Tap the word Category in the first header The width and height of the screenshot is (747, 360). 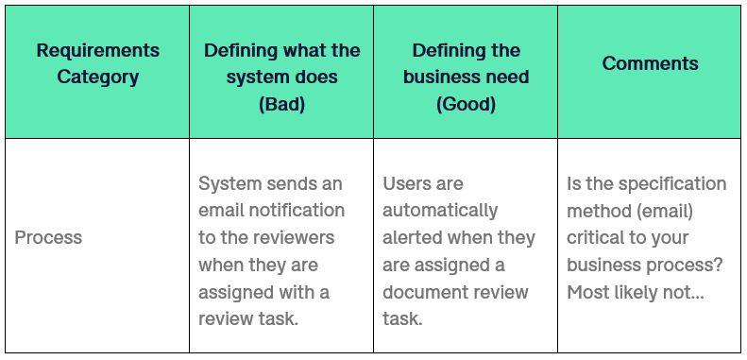tap(98, 77)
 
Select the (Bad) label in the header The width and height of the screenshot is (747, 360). tap(281, 104)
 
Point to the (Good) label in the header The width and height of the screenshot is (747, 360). tap(466, 104)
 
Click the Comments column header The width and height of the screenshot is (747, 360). tap(651, 63)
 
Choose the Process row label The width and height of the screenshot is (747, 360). tap(48, 238)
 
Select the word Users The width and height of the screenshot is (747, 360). tap(408, 183)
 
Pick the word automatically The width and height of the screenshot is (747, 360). tap(440, 210)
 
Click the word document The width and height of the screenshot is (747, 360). tap(422, 292)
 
